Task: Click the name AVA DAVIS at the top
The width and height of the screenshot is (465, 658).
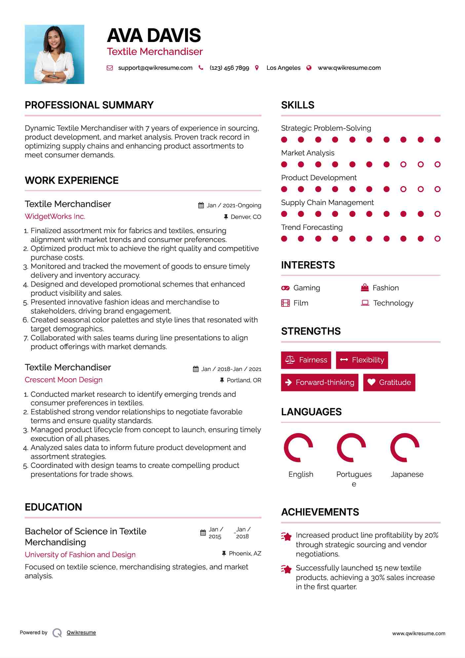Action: point(154,35)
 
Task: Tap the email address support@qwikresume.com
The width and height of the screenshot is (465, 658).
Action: point(155,68)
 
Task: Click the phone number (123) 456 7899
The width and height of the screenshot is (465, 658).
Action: point(229,68)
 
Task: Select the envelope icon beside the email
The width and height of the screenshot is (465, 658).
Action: point(110,68)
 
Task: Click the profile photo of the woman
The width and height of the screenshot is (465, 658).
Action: point(55,54)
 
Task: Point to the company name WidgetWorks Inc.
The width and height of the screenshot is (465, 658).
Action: point(55,216)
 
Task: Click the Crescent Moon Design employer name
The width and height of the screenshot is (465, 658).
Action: point(63,380)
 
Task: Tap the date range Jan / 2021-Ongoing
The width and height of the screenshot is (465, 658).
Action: point(234,205)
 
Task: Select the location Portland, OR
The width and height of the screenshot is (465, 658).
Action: point(244,380)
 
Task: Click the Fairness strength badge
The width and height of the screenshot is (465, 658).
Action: point(306,360)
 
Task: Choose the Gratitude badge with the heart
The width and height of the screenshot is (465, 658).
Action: point(389,382)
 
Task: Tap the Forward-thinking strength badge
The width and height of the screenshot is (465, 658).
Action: point(320,382)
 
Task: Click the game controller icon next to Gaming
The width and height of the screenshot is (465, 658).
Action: point(285,288)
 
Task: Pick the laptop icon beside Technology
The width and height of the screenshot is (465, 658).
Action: point(365,303)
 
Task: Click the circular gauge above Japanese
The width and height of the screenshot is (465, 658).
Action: point(405,447)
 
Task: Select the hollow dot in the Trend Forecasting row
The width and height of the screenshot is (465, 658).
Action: point(438,239)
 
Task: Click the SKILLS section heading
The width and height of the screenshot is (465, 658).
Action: point(298,105)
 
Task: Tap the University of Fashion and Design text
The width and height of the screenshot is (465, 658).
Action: point(80,555)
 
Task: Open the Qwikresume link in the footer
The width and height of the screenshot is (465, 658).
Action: point(81,633)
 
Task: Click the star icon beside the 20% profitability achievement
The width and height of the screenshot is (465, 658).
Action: point(287,536)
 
